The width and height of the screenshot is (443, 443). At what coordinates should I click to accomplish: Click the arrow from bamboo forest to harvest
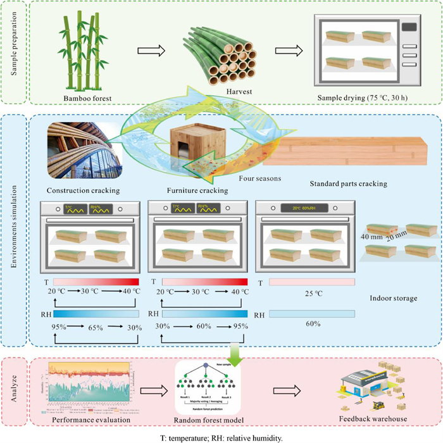click(154, 51)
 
